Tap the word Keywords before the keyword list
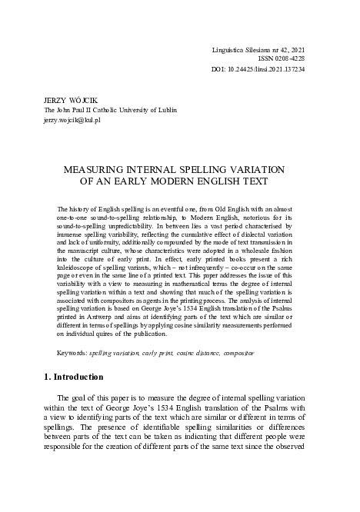pos(72,353)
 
